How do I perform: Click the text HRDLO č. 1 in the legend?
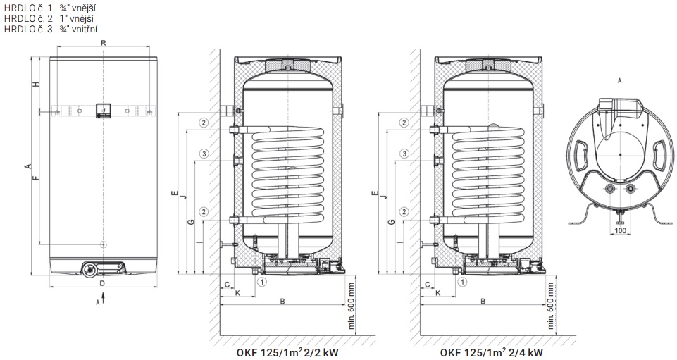pyautogui.click(x=27, y=8)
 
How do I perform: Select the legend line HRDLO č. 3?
pyautogui.click(x=51, y=30)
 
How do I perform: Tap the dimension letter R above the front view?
pyautogui.click(x=103, y=43)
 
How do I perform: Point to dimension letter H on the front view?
pyautogui.click(x=37, y=84)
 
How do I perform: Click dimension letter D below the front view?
pyautogui.click(x=102, y=283)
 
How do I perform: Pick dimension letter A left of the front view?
pyautogui.click(x=27, y=166)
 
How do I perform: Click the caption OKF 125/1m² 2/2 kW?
pyautogui.click(x=287, y=352)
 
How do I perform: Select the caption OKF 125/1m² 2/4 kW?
pyautogui.click(x=491, y=352)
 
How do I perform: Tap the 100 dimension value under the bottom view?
pyautogui.click(x=620, y=230)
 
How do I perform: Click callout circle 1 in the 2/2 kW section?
pyautogui.click(x=262, y=283)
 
